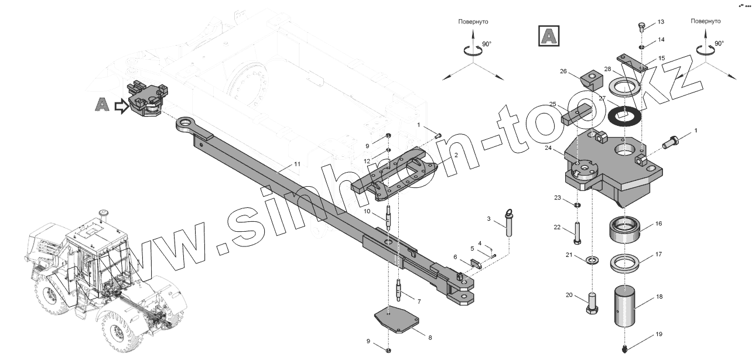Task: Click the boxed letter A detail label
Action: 548,36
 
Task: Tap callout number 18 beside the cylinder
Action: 659,297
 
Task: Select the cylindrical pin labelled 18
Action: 630,308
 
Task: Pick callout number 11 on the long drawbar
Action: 297,164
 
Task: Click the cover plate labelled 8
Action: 398,321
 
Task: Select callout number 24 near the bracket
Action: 549,148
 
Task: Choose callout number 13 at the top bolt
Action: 661,22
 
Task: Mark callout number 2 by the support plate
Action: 455,156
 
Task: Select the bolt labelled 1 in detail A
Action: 671,141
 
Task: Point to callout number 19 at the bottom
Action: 659,334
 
